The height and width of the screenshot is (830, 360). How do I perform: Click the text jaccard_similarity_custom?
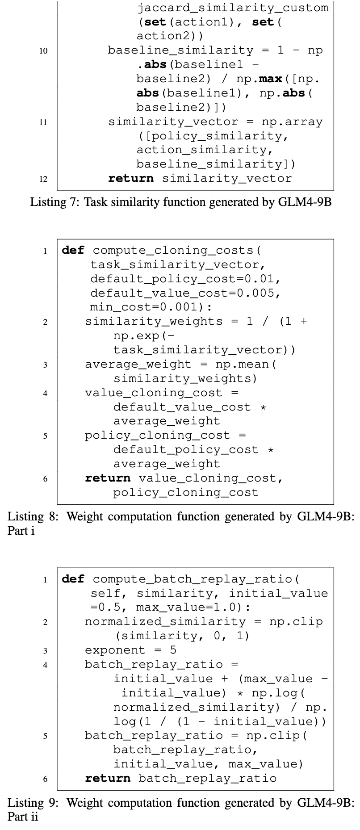coord(232,8)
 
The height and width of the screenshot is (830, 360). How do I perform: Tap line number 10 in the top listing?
coord(43,51)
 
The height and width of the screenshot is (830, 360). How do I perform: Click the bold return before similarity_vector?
coord(130,179)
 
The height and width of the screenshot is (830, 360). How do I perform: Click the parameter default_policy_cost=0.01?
coord(185,279)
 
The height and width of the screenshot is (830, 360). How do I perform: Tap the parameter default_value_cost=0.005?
coord(185,293)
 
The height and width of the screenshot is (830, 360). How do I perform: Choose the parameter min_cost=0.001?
coord(147,307)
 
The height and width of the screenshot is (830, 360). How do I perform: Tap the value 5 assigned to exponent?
coord(173,650)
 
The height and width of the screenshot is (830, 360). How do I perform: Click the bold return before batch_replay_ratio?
coord(108,779)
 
